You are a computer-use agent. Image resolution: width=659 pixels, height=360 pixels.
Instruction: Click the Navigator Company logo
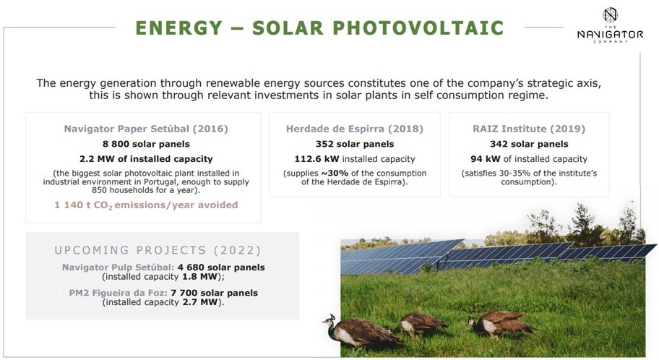point(610,25)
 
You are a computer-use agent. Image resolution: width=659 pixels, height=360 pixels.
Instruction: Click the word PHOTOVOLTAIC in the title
point(418,28)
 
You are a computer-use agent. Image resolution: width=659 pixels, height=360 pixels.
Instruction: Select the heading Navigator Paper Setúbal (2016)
point(146,129)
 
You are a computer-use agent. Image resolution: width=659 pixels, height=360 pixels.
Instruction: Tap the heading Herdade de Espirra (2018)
point(355,129)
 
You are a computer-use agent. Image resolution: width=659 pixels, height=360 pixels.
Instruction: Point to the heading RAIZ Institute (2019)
point(529,129)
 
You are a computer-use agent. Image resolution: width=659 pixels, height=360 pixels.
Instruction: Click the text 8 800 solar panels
point(146,144)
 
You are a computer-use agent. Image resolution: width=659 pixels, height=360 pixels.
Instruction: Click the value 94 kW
point(486,159)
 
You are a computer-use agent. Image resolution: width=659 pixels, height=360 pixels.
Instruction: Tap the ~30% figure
point(335,173)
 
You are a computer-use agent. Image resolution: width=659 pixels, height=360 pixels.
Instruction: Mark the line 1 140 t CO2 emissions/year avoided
point(146,205)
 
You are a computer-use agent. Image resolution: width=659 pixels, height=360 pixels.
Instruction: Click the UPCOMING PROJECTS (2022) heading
point(158,250)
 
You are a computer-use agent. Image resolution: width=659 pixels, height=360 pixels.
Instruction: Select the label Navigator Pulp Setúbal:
point(118,267)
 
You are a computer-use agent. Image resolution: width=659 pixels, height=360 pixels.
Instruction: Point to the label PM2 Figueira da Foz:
point(118,293)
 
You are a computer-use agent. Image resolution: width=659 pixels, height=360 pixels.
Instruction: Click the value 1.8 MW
point(199,277)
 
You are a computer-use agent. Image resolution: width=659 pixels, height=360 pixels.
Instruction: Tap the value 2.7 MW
point(200,302)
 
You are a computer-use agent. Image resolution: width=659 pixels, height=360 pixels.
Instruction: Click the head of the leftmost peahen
point(330,321)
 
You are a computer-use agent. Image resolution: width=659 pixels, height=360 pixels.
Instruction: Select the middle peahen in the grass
point(421,325)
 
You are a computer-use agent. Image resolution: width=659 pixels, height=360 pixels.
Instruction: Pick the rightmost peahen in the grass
point(501,323)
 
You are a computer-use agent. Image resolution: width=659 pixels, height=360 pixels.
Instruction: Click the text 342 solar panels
point(529,144)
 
